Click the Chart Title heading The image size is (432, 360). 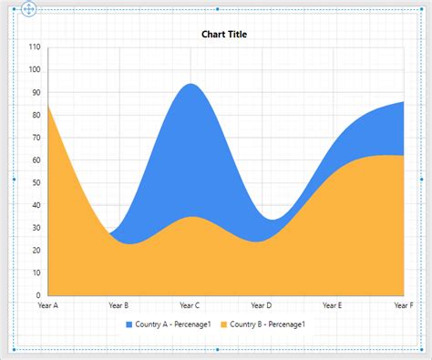[x=223, y=35]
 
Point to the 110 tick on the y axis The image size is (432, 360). [x=35, y=47]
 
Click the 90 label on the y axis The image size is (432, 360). [x=36, y=92]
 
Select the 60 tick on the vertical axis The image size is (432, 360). [x=36, y=160]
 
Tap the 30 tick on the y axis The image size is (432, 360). [x=36, y=228]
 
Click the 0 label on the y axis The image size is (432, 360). [x=38, y=295]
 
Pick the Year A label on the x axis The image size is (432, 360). [x=48, y=305]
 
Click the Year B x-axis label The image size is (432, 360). [x=118, y=305]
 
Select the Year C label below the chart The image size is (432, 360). [x=190, y=305]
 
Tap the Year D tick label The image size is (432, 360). [x=261, y=305]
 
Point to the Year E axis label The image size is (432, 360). [x=332, y=305]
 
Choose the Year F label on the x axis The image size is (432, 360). [x=402, y=305]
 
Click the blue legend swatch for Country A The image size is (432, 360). [x=129, y=324]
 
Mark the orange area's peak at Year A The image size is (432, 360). [x=48, y=105]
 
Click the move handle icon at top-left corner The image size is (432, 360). [x=28, y=10]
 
